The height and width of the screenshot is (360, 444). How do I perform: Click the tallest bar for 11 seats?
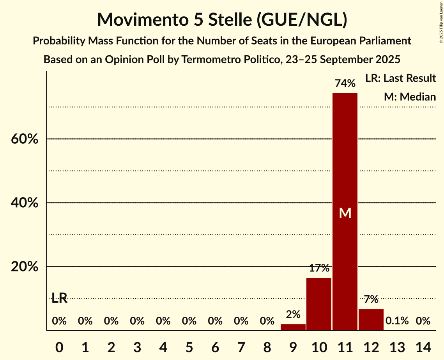coord(345,156)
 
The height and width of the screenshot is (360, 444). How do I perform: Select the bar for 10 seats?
coord(319,304)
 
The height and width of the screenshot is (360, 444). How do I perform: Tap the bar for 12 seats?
coord(371,319)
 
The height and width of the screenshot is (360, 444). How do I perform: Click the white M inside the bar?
coord(345,213)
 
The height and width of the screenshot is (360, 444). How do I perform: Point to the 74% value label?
coord(345,83)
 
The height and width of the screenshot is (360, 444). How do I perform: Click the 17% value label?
coord(319,268)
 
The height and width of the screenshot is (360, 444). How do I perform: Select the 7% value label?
coord(371,299)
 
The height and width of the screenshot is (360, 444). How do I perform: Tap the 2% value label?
coord(293,314)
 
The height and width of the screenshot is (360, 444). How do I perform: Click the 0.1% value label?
coord(397,321)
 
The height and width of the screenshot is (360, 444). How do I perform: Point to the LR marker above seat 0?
coord(59,298)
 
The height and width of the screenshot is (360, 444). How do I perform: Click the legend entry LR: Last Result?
coord(400,78)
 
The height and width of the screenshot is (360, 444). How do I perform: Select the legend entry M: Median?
coord(410,97)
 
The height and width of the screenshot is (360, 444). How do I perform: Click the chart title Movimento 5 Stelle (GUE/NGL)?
coord(222,20)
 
